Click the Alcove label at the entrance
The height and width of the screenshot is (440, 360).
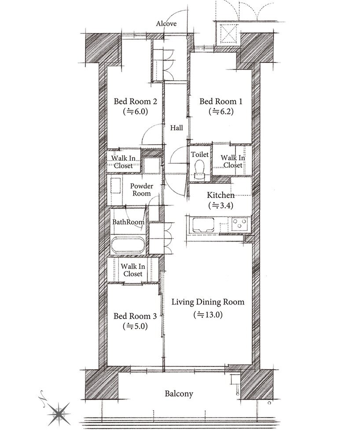click(166, 24)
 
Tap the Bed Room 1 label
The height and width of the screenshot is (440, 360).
click(220, 101)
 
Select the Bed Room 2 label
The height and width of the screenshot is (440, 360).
click(135, 101)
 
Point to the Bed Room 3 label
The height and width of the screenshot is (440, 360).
click(135, 316)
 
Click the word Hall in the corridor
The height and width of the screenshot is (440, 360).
click(176, 128)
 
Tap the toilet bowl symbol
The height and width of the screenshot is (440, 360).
click(199, 169)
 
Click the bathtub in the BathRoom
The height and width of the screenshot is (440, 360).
click(128, 245)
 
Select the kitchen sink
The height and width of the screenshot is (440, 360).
click(203, 224)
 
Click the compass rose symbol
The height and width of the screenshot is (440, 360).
click(59, 414)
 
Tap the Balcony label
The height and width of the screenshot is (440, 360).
click(179, 394)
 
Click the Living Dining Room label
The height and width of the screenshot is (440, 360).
click(208, 302)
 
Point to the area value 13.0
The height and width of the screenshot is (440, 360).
click(208, 315)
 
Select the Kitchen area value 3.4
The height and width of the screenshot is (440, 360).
click(221, 205)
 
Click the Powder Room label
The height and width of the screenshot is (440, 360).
click(142, 190)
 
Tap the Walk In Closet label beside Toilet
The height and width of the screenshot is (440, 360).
click(233, 161)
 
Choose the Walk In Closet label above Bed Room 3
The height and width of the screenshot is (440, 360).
click(133, 270)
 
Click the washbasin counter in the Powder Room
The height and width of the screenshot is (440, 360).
click(116, 186)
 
